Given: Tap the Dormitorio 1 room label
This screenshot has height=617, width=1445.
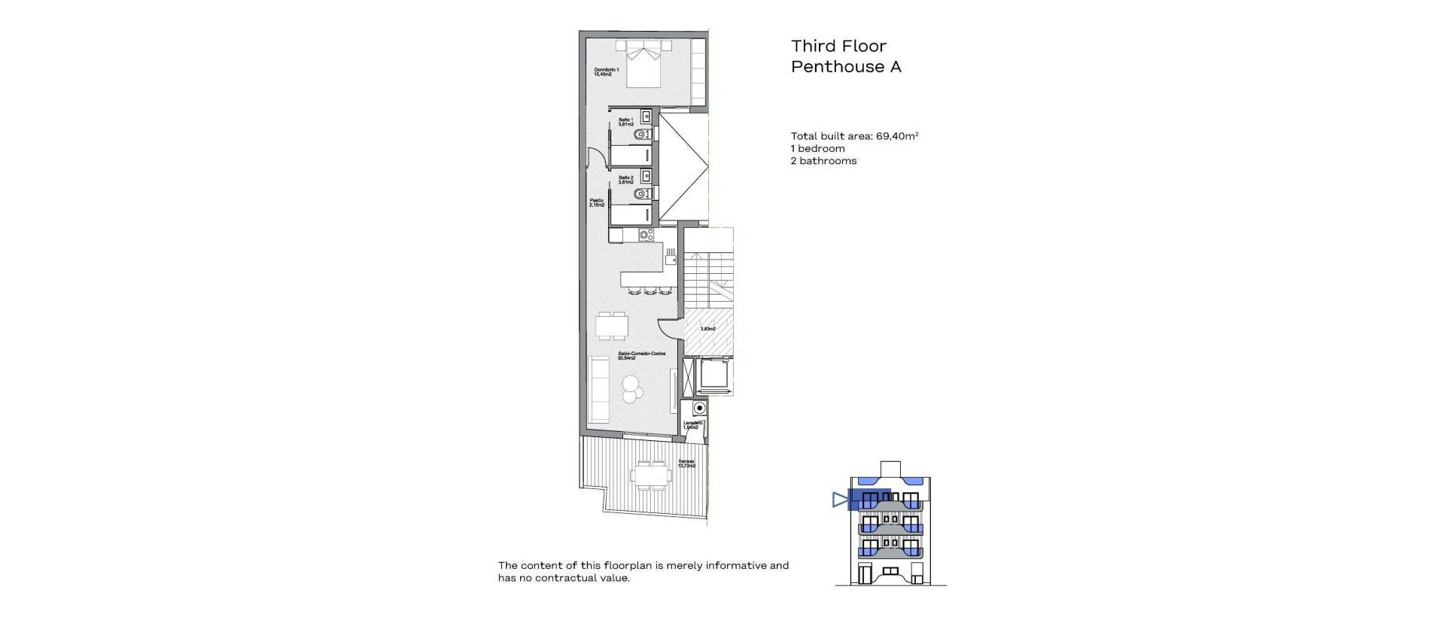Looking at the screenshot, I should pos(606,71).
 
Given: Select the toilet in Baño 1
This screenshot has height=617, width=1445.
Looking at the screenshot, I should pos(641,134).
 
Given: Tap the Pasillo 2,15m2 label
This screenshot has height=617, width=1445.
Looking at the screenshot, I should pos(597,202).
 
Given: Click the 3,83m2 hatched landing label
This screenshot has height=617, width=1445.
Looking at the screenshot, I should pos(707,329).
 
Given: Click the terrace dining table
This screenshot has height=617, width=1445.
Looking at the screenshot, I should pos(652,475).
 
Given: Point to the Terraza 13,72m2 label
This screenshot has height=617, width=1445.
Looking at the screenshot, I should pos(686,464).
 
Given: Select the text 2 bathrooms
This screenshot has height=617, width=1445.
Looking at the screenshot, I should pos(823,161).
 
